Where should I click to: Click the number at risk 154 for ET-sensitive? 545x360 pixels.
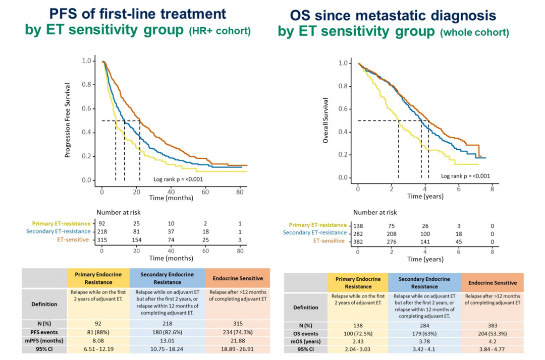(136, 239)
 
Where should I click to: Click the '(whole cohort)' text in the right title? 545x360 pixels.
(474, 33)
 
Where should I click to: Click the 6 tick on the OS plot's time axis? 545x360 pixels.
(458, 188)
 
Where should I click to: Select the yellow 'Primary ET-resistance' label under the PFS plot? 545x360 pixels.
(61, 223)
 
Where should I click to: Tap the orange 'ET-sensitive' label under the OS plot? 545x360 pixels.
(329, 241)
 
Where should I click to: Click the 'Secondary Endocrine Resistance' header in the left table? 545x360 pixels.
(167, 278)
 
